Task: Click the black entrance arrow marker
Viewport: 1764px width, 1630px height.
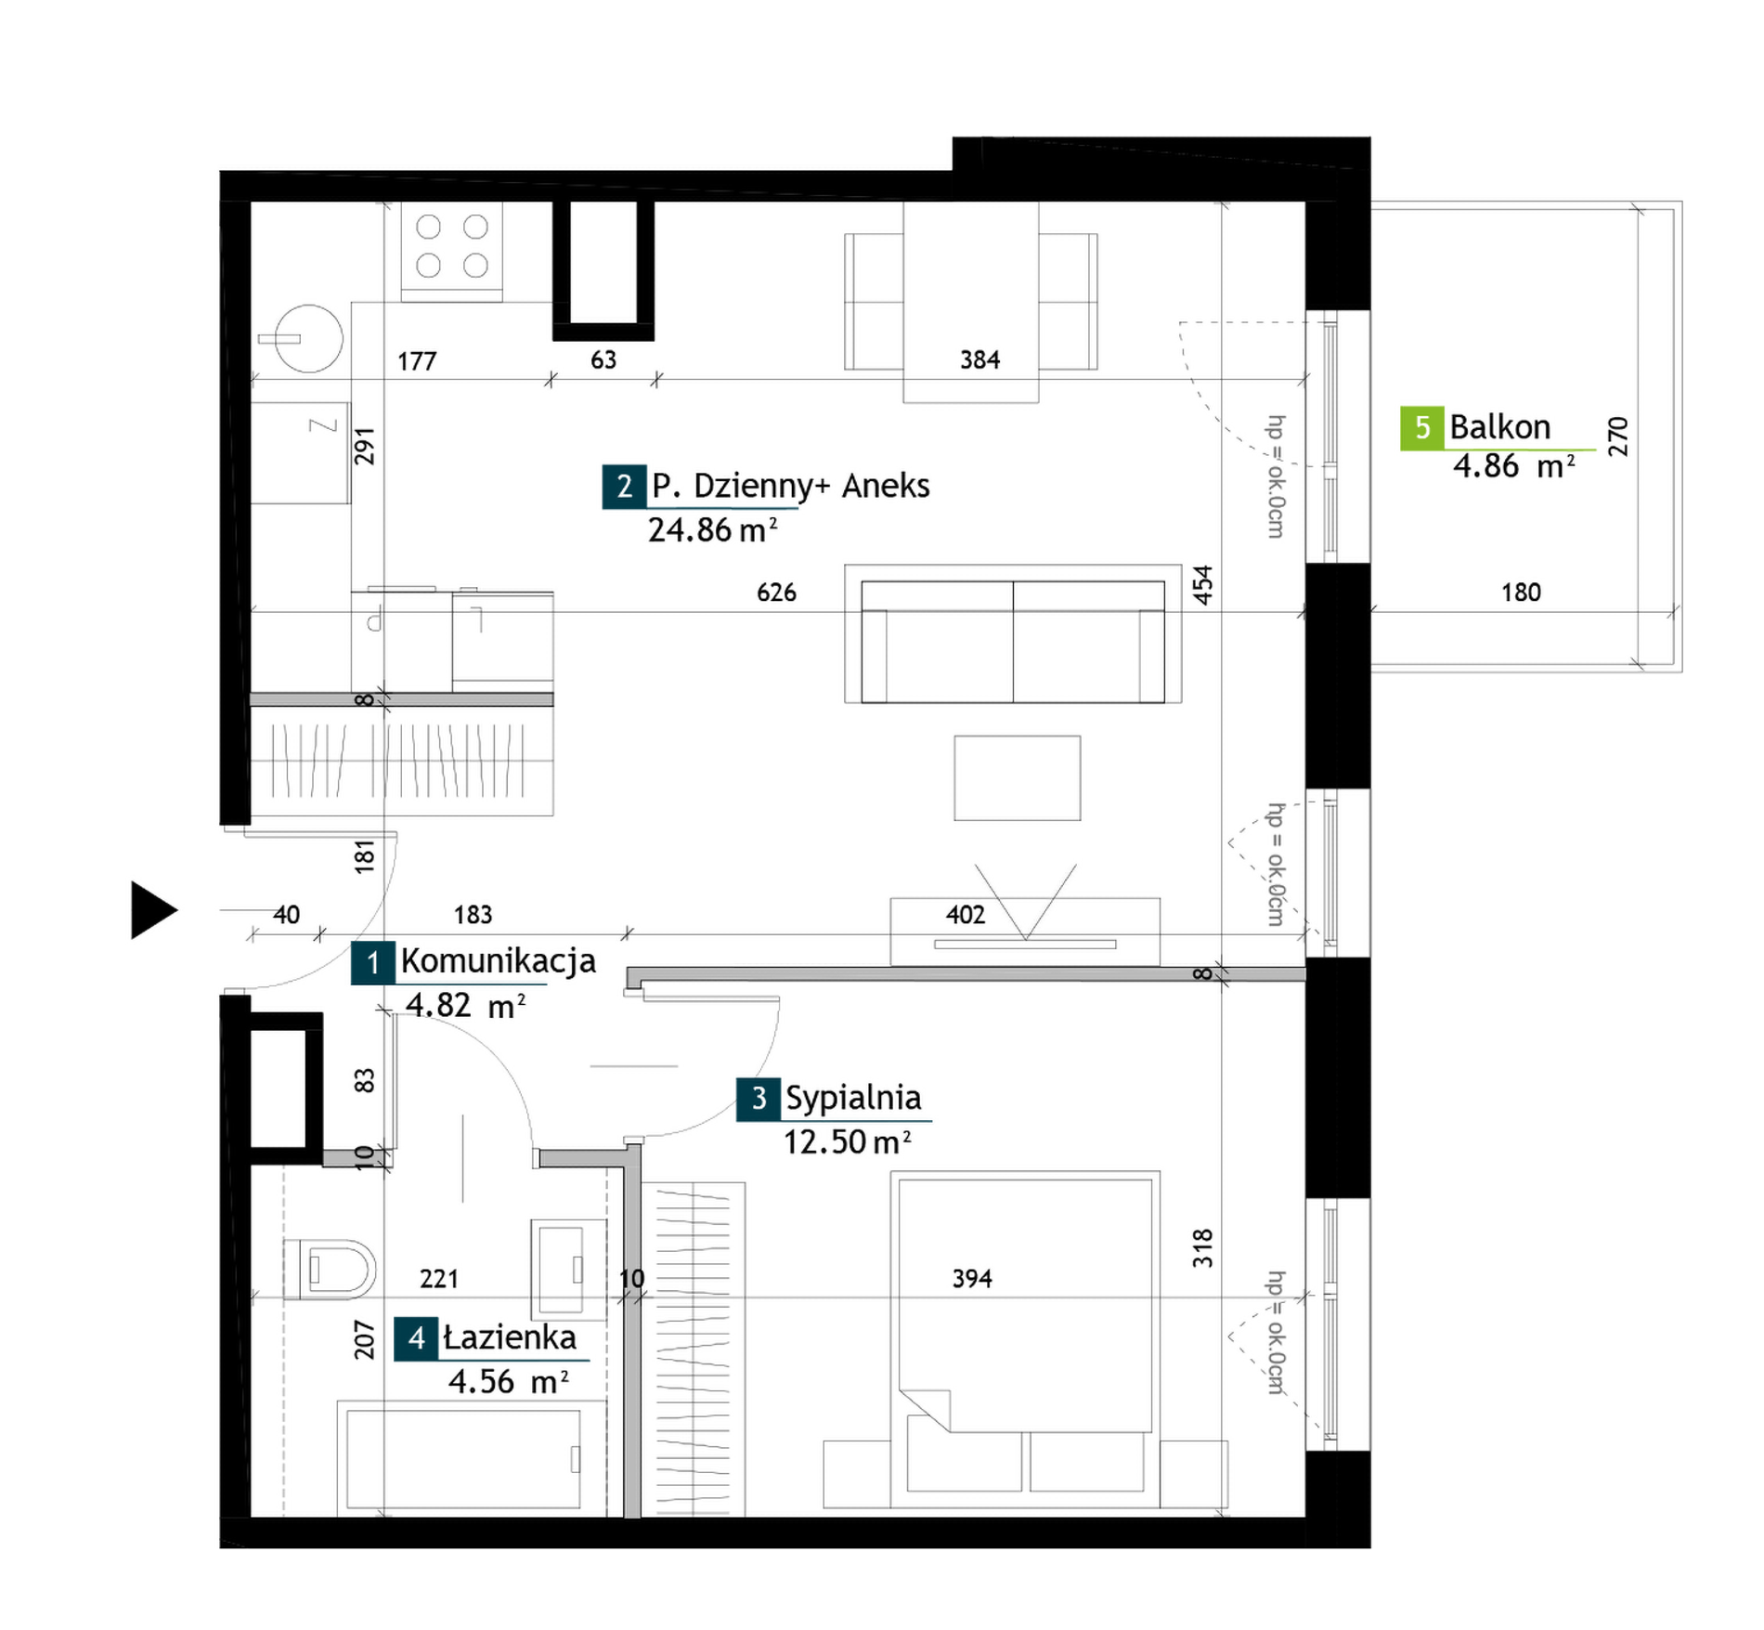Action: pos(153,910)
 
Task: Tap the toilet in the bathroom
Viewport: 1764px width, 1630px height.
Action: pos(330,1269)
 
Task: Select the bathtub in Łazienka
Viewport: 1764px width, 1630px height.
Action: pos(462,1459)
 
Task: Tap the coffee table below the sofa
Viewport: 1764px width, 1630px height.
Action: pos(1018,778)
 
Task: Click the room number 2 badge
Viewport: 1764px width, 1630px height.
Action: pos(624,487)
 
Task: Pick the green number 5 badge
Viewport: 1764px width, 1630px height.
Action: pos(1422,428)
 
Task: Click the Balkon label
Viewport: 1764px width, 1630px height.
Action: pos(1500,427)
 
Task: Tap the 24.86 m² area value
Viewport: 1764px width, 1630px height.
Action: pos(712,530)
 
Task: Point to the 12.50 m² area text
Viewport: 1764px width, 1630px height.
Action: pos(847,1142)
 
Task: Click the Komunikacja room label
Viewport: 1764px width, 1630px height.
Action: pos(498,961)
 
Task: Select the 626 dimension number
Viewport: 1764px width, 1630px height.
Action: pos(776,593)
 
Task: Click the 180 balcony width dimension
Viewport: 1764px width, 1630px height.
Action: pos(1521,593)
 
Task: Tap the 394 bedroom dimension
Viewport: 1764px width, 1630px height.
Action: pos(972,1279)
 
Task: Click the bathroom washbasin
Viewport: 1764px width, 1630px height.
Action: pos(568,1269)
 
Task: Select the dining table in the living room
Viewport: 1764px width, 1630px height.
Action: pos(971,303)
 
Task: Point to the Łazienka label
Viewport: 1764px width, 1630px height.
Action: pos(510,1337)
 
